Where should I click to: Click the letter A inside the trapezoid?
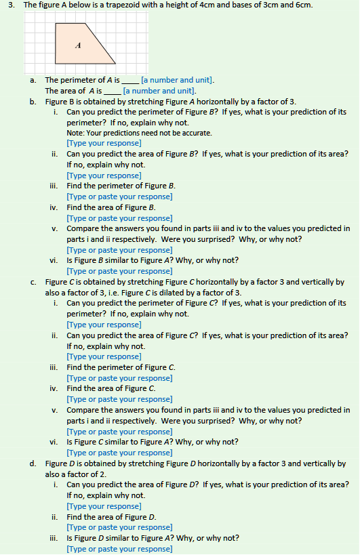[x=78, y=45]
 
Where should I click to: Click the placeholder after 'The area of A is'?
[x=159, y=90]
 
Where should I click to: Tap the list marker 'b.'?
[x=33, y=101]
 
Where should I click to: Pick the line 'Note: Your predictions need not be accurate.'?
[x=139, y=133]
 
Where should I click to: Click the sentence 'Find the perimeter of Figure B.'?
[x=121, y=186]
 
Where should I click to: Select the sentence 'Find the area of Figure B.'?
[x=111, y=207]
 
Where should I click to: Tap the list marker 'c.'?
[x=33, y=281]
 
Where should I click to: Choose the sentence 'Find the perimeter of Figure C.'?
[x=121, y=367]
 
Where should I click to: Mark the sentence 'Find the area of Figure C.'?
[x=111, y=388]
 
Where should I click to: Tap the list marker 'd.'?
[x=33, y=463]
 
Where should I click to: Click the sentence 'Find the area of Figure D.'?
[x=111, y=516]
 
